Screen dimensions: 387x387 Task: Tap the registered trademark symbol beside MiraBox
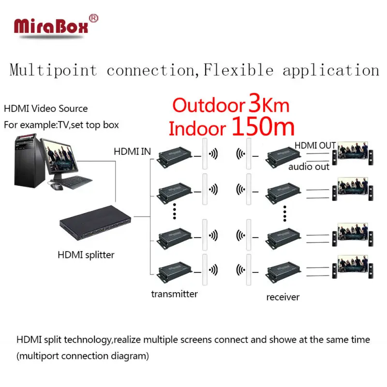(x=94, y=18)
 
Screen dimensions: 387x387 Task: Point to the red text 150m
(x=264, y=127)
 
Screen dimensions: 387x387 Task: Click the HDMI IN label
(x=132, y=151)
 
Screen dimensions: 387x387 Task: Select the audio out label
(x=309, y=166)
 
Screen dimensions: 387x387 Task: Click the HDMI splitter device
(x=94, y=228)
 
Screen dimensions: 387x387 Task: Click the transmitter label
(x=174, y=293)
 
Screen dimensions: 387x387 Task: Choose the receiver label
(x=283, y=297)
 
